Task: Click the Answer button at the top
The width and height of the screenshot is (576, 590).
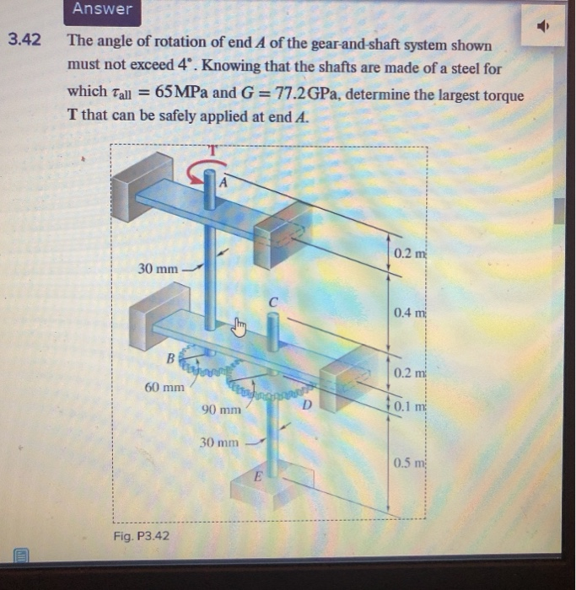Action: pyautogui.click(x=102, y=9)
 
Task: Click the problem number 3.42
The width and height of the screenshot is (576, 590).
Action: pyautogui.click(x=24, y=40)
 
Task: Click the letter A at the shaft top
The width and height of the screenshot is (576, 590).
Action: pyautogui.click(x=223, y=180)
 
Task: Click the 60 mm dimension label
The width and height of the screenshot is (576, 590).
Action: pyautogui.click(x=163, y=388)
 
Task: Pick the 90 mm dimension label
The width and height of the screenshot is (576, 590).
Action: pyautogui.click(x=220, y=410)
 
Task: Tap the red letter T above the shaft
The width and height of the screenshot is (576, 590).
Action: pyautogui.click(x=213, y=150)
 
